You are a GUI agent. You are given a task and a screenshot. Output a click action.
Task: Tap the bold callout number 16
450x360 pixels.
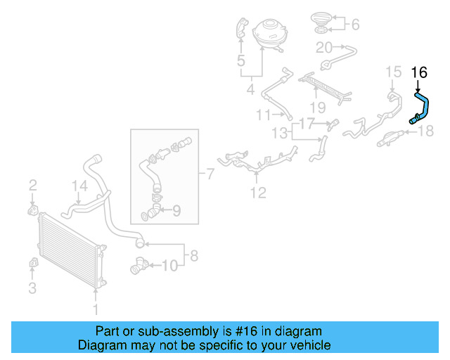418,72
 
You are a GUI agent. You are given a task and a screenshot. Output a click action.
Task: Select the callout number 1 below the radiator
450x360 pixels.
96,309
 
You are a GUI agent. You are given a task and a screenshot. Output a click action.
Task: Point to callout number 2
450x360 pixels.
32,186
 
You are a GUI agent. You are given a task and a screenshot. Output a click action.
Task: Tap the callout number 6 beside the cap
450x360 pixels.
355,25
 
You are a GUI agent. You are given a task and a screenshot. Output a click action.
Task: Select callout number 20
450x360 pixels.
323,48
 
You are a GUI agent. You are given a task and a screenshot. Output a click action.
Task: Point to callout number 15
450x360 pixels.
393,71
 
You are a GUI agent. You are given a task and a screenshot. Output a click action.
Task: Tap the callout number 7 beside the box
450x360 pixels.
210,173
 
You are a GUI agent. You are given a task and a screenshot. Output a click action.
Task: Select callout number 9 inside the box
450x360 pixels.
176,209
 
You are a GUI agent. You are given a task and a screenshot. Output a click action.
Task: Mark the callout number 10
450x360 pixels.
169,265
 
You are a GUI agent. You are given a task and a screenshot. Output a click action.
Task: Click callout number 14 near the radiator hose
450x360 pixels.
79,186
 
